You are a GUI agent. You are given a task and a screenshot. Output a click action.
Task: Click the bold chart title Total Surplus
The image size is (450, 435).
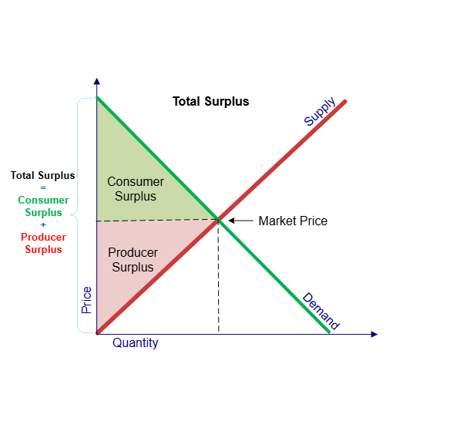pyautogui.click(x=210, y=102)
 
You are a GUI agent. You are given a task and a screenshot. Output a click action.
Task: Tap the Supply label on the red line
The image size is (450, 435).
pyautogui.click(x=320, y=112)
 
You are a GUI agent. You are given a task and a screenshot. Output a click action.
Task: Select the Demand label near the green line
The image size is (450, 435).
pyautogui.click(x=321, y=311)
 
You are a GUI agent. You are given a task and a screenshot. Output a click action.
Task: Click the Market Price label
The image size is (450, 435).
pyautogui.click(x=293, y=221)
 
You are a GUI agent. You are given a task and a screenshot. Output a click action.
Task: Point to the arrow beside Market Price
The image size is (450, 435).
pyautogui.click(x=240, y=221)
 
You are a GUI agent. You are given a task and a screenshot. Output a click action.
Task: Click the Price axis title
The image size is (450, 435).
pyautogui.click(x=86, y=300)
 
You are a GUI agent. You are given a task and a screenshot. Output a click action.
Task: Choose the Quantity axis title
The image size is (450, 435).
pyautogui.click(x=135, y=342)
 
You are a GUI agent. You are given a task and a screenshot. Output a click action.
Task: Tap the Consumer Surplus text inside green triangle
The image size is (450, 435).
pyautogui.click(x=136, y=189)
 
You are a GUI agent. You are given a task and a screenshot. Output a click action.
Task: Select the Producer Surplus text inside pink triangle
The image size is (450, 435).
pyautogui.click(x=133, y=260)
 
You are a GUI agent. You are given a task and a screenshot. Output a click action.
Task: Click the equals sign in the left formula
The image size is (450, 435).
pyautogui.click(x=43, y=188)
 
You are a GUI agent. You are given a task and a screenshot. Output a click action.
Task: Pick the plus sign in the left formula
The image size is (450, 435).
pyautogui.click(x=43, y=224)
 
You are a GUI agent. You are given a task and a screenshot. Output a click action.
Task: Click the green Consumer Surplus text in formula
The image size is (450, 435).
pyautogui.click(x=43, y=206)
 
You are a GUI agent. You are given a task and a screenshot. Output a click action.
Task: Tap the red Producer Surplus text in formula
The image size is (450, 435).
pyautogui.click(x=43, y=243)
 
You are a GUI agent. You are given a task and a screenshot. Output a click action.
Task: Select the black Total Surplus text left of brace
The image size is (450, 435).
pyautogui.click(x=42, y=175)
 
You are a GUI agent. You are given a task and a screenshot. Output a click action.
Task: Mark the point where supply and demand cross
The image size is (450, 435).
pyautogui.click(x=218, y=220)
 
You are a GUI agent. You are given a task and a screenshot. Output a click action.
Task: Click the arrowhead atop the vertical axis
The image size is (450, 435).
pyautogui.click(x=97, y=81)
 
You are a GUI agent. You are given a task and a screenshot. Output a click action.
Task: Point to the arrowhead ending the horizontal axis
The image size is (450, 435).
pyautogui.click(x=374, y=334)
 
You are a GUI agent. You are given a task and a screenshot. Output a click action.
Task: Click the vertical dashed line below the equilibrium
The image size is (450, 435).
pyautogui.click(x=218, y=277)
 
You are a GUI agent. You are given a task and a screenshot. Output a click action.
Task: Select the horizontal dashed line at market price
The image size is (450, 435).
pyautogui.click(x=157, y=221)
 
